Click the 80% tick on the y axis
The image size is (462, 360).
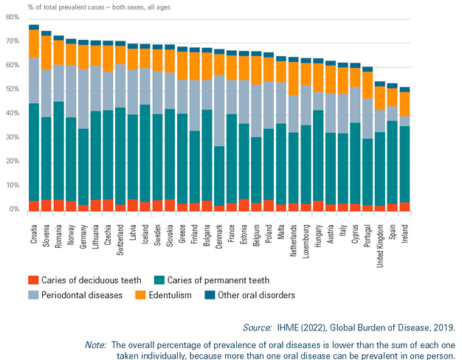coord(13,18)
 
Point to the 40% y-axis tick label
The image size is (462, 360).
coord(13,114)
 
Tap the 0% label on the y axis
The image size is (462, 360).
coord(15,210)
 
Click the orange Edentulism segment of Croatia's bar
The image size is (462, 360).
coord(34,44)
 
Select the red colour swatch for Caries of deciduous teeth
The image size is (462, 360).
coord(32,280)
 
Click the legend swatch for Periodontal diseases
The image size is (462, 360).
coord(32,295)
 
